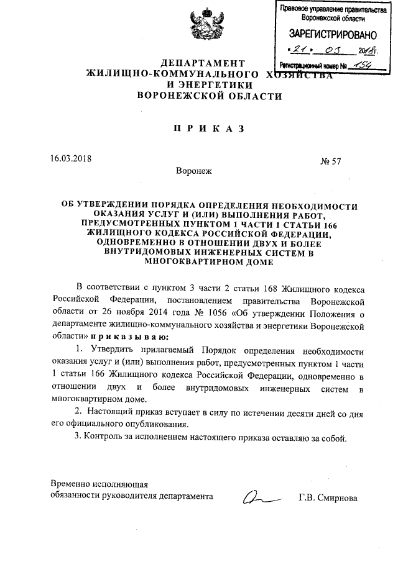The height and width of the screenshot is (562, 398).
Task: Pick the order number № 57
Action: tap(330, 161)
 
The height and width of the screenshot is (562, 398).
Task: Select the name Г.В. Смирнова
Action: tap(328, 497)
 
